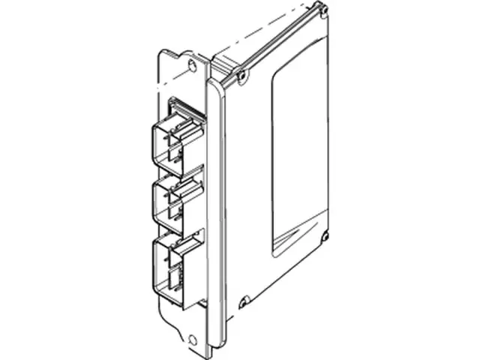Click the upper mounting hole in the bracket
(x=192, y=65)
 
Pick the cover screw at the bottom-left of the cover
(x=243, y=303)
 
